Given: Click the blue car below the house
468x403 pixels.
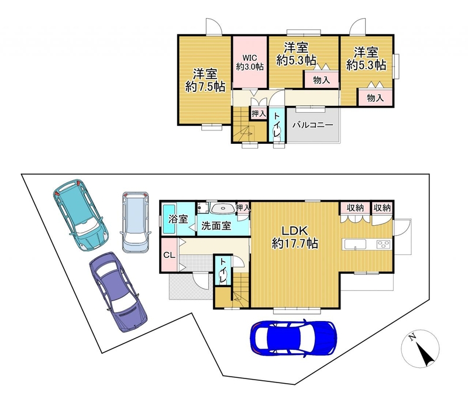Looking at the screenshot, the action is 294,338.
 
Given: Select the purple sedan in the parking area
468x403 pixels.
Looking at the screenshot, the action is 118,292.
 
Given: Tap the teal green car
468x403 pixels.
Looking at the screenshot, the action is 81,215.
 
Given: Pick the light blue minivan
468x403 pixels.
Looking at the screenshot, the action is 136,222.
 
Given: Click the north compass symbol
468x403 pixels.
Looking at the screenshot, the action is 420,349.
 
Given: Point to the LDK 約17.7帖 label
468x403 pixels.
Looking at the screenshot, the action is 295,237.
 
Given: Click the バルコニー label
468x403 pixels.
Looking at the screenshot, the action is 312,125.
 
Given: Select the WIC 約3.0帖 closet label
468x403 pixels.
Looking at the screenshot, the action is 250,62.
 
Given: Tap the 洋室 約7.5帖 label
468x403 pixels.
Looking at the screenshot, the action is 205,80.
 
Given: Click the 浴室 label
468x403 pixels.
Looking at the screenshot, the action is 178,219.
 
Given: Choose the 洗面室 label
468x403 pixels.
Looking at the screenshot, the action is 216,225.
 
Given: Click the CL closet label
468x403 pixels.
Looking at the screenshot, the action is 169,255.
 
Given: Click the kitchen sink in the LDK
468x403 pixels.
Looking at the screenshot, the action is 356,244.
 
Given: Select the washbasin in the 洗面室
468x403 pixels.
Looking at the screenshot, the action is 222,208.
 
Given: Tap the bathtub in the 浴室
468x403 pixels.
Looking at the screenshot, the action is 169,220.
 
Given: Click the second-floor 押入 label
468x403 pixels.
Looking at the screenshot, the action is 259,113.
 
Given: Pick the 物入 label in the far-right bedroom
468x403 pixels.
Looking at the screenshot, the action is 375,98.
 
